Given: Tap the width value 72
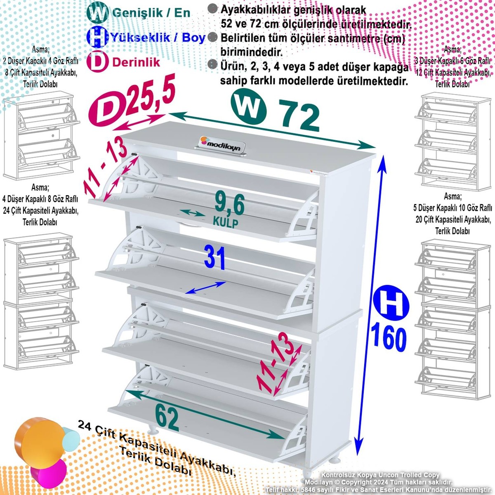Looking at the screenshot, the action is (x=299, y=115).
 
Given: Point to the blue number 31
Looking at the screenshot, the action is (x=214, y=258).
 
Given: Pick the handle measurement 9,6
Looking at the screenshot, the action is (x=229, y=204).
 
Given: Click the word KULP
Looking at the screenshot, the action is (x=226, y=222).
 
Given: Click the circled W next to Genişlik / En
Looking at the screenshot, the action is (x=97, y=12).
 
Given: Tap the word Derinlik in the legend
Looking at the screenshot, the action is (x=136, y=62).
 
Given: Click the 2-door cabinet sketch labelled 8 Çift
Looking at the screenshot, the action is (x=42, y=135).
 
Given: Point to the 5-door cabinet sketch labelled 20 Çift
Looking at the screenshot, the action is (x=453, y=319).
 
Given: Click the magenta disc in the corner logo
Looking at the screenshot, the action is (x=49, y=474).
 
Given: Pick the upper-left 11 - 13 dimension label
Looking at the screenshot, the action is (x=105, y=169).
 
